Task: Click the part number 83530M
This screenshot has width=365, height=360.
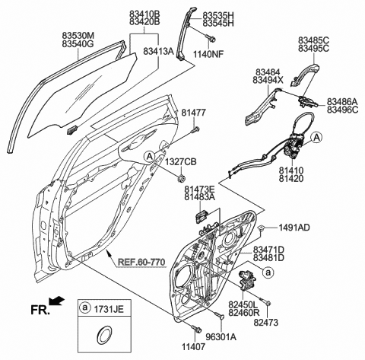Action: tap(78, 35)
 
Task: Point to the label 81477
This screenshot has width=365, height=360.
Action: tap(193, 113)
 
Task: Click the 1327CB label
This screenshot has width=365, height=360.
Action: tap(182, 161)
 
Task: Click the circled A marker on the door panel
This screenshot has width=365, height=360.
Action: tap(150, 155)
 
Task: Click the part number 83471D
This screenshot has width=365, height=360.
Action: tap(269, 250)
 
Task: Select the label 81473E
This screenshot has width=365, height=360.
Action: tap(199, 189)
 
